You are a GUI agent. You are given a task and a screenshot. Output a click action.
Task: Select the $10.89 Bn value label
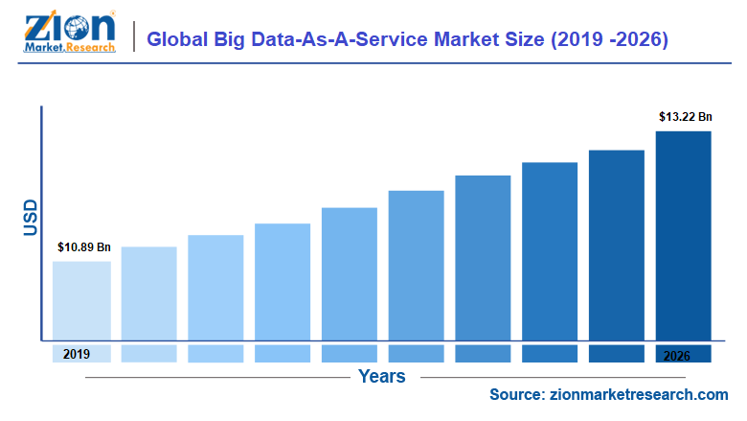83,247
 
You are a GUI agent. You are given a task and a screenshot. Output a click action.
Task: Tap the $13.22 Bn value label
685,117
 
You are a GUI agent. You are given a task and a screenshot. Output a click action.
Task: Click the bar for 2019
81,300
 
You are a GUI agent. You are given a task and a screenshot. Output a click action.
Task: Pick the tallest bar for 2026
684,235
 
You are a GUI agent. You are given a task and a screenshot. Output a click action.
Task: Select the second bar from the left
148,292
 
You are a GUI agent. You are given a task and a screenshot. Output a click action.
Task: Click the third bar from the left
215,287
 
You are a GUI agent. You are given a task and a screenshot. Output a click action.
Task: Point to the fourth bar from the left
283,281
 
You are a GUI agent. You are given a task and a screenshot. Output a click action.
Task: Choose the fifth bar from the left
350,273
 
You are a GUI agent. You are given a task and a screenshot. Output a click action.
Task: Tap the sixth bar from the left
417,265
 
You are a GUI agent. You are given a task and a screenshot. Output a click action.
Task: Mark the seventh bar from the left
484,257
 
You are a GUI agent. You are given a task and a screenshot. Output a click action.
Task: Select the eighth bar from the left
550,250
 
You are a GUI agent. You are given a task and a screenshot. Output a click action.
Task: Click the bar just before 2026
617,245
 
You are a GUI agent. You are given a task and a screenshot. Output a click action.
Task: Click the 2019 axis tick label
77,354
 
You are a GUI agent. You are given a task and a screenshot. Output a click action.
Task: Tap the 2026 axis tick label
683,354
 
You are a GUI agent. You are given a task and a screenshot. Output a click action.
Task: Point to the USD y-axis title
30,219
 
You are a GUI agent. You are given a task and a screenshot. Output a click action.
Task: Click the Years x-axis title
382,376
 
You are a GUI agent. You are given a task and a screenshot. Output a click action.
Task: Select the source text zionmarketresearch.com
609,395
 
